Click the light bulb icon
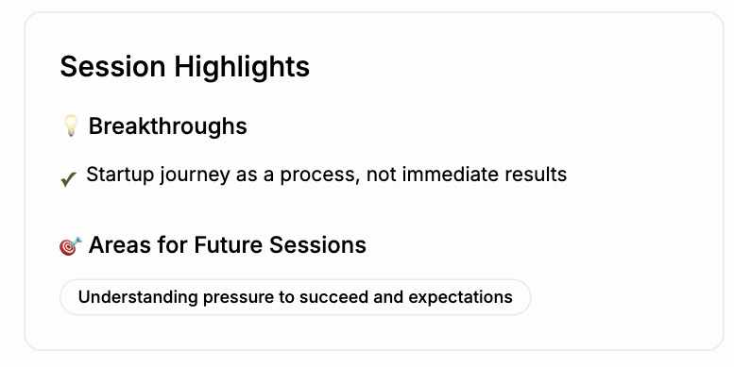pos(70,125)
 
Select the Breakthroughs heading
pos(167,125)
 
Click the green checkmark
pos(68,177)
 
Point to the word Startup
pos(117,175)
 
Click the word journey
pos(189,175)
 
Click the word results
pos(535,175)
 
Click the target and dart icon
pos(69,245)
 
